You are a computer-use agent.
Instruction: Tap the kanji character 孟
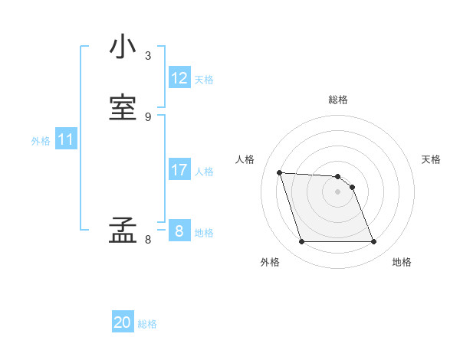(x=123, y=231)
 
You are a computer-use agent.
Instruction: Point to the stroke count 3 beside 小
(x=148, y=55)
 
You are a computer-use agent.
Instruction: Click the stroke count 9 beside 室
(x=148, y=116)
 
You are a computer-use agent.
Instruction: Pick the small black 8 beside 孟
(x=148, y=239)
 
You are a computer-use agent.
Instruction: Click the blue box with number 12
(x=179, y=78)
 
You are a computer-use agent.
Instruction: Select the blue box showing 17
(x=179, y=170)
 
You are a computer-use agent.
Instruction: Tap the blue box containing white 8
(x=179, y=231)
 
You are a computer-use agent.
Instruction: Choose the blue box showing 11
(x=66, y=139)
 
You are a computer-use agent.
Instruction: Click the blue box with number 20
(x=123, y=322)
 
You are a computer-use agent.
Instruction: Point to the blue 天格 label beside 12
(x=204, y=80)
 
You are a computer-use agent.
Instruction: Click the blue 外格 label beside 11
(x=41, y=141)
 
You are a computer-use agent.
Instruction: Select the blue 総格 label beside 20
(x=147, y=324)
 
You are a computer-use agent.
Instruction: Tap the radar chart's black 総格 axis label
(x=338, y=100)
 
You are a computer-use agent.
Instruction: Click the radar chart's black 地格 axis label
(x=402, y=262)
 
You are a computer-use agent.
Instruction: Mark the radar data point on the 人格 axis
(x=280, y=173)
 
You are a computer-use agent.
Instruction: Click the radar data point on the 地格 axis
(x=374, y=242)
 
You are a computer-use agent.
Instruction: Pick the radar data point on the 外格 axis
(x=301, y=242)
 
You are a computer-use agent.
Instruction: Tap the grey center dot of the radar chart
(x=338, y=191)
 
